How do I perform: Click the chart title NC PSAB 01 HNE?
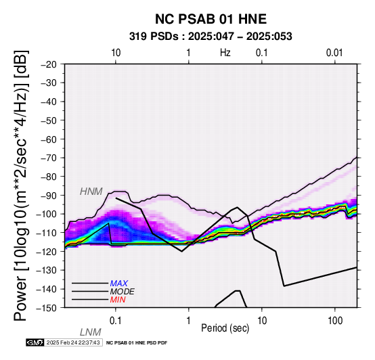(x=211, y=19)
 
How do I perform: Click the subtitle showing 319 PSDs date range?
(x=211, y=37)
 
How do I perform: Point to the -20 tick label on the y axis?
(x=49, y=64)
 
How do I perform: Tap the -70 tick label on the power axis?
(x=49, y=158)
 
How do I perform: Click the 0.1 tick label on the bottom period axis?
(x=116, y=321)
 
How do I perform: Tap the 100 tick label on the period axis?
(x=335, y=321)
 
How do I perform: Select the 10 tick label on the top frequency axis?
(x=116, y=53)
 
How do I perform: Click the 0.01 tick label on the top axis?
(x=334, y=53)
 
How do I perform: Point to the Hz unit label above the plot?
(x=225, y=53)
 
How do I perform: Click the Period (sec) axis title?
(x=225, y=328)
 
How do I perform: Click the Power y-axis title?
(x=20, y=185)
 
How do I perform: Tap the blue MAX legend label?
(x=119, y=284)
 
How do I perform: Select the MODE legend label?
(x=123, y=292)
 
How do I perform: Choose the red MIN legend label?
(x=118, y=300)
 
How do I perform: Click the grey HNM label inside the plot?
(x=91, y=192)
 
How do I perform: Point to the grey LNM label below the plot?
(x=91, y=332)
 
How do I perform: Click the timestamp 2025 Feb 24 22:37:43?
(x=73, y=342)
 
